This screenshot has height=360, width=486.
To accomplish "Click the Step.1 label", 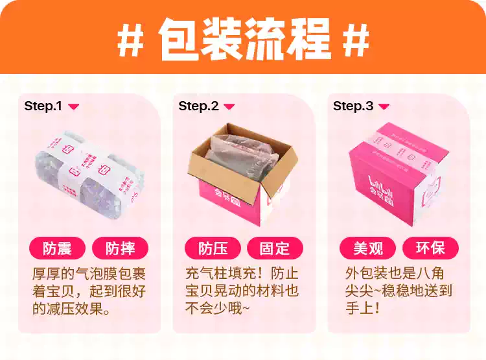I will click(43, 106).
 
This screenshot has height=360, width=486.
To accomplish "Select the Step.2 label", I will click(198, 106).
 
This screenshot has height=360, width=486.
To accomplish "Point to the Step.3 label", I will click(353, 106).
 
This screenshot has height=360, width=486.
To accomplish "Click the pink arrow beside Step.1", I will click(73, 106).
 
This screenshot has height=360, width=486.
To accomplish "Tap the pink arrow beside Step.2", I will click(229, 106).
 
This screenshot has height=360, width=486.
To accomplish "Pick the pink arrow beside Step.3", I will click(384, 106).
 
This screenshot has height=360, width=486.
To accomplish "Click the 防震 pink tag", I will click(58, 248).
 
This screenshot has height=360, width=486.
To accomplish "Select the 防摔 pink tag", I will click(121, 248).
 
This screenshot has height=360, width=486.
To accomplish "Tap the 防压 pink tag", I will click(213, 248).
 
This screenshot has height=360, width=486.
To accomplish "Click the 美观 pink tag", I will click(368, 248).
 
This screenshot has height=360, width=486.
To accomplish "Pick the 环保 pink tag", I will click(430, 248).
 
